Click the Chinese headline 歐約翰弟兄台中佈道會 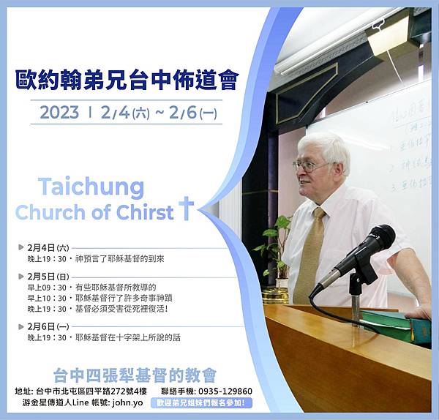(127, 80)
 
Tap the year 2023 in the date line (59, 113)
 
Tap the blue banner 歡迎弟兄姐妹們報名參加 (202, 403)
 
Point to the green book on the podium (395, 323)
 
